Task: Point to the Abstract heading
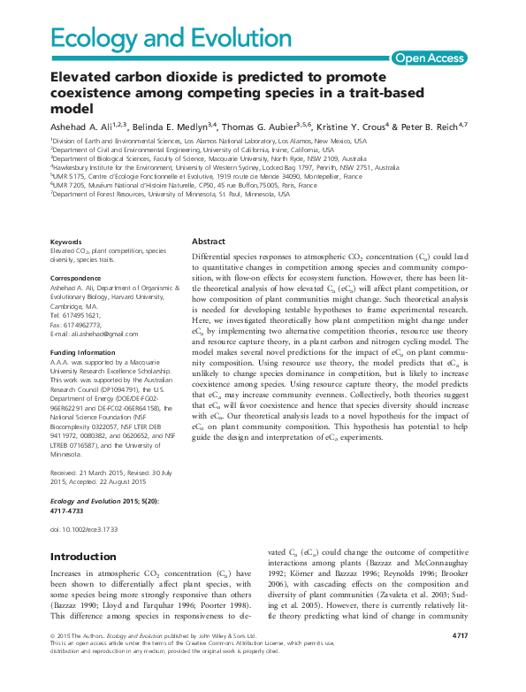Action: pos(208,241)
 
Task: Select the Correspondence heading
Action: pos(76,278)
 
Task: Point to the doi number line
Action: pos(84,528)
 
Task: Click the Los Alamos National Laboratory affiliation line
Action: pos(209,141)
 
